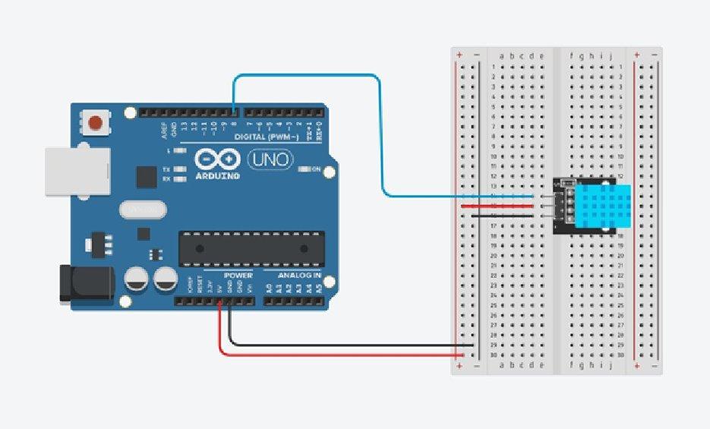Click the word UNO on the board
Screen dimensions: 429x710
(267, 160)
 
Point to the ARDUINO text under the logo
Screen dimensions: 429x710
(217, 176)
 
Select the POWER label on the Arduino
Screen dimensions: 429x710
(238, 274)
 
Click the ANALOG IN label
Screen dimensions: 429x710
(299, 274)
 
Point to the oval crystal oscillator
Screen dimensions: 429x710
(141, 207)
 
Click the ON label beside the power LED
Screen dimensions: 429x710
(316, 169)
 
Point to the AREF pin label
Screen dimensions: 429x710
(164, 131)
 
